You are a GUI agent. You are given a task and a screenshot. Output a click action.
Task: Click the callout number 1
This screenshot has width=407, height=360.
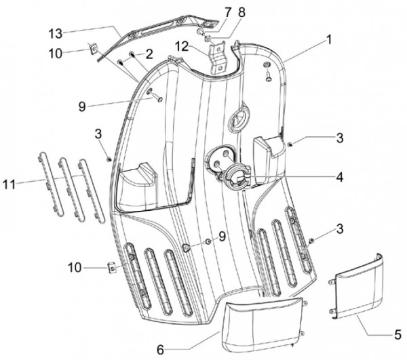tap(328, 39)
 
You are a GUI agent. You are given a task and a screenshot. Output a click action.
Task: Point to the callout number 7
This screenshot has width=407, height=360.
tap(228, 12)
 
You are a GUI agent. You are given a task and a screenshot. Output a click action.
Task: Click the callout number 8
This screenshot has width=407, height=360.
tap(242, 12)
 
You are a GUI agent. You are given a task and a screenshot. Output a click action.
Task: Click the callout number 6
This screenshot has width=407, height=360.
tap(160, 348)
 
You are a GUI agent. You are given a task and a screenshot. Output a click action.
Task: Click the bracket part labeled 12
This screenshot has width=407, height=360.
tap(218, 58)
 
